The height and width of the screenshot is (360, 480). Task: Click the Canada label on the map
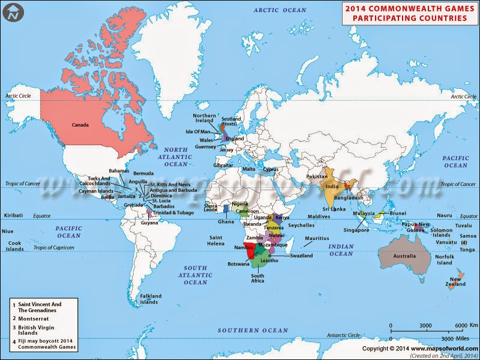(x=80, y=125)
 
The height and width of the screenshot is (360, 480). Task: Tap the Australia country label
(x=405, y=257)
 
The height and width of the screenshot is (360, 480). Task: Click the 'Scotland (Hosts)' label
(x=231, y=121)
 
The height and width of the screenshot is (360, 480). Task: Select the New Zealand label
(x=456, y=281)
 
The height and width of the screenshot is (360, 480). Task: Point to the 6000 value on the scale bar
(x=461, y=325)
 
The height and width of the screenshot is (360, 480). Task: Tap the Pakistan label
(x=316, y=177)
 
